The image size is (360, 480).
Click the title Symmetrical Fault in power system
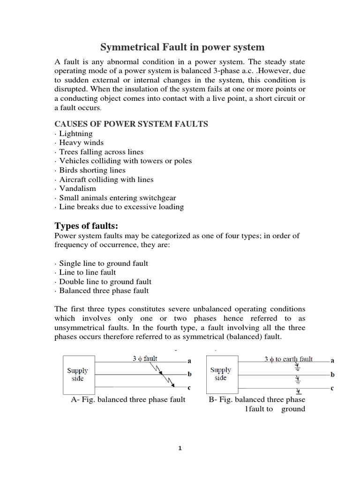183,47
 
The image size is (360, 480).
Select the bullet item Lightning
76,134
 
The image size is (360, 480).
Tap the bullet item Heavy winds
81,142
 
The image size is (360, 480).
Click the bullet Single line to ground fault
104,263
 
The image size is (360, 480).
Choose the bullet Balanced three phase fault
104,291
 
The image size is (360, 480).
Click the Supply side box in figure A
77,375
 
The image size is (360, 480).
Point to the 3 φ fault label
144,359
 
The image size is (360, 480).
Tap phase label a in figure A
189,361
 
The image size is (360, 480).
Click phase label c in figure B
332,388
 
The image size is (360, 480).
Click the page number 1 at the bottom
180,448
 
